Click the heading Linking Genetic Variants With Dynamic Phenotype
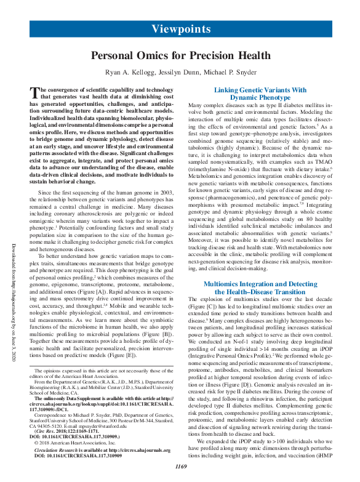pos(259,94)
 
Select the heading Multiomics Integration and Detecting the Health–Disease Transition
pos(259,288)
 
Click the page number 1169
pos(180,467)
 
